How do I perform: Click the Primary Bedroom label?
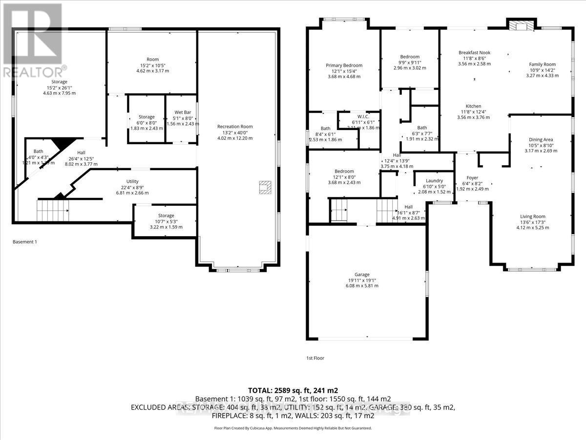[344, 66]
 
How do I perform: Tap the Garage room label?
[362, 274]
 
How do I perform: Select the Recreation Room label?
[235, 127]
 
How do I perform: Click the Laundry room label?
[434, 181]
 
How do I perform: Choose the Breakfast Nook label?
[474, 52]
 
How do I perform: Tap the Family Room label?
[542, 64]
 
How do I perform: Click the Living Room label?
[532, 217]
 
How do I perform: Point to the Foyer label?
[472, 178]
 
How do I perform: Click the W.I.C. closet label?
[362, 116]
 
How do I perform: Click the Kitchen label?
[473, 106]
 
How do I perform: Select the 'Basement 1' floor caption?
[24, 242]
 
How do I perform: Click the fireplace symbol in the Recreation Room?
[265, 187]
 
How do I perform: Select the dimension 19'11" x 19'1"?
[362, 280]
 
